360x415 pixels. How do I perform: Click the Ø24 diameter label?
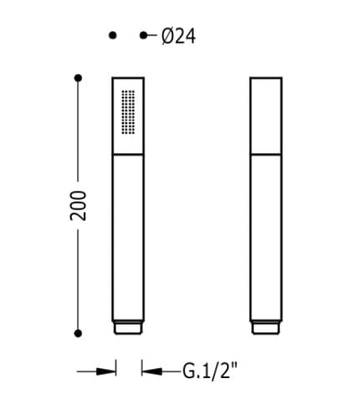178,37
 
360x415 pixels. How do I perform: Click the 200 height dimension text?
78,206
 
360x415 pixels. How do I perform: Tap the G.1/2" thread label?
210,371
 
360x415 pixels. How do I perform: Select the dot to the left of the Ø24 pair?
112,35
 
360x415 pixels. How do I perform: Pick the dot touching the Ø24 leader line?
143,35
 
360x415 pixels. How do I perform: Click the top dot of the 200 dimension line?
78,78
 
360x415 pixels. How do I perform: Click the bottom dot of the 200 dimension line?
78,333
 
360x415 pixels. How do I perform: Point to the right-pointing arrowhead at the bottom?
106,371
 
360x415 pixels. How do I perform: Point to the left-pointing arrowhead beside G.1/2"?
152,371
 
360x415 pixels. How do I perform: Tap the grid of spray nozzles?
128,112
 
